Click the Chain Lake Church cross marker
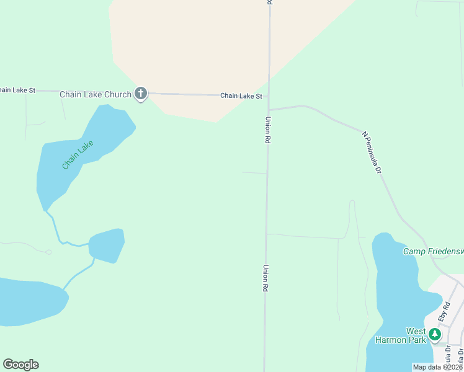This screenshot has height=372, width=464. pos(141,94)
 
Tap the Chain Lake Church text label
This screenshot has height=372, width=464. pos(95,94)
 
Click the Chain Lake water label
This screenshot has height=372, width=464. pos(78,154)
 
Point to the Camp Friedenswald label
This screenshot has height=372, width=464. pos(433,251)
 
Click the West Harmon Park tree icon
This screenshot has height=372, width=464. pos(435,335)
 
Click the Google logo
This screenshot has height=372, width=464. pos(20,364)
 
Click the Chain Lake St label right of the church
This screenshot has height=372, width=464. pos(241,96)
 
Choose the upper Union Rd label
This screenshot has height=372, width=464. pos(268,131)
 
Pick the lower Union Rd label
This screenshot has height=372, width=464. pos(265,278)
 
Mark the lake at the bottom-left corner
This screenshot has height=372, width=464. pos(28,301)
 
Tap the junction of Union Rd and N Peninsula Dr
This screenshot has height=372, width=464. pos(269,110)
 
